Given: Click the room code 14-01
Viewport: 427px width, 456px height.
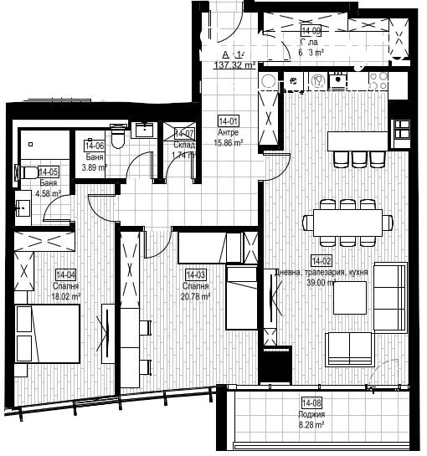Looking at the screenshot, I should pyautogui.click(x=228, y=120).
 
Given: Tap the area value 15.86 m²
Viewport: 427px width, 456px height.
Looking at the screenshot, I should pyautogui.click(x=229, y=143).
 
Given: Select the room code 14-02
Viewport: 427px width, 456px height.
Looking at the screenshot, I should pyautogui.click(x=322, y=260).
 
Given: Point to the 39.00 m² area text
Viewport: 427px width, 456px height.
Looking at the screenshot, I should pyautogui.click(x=321, y=283).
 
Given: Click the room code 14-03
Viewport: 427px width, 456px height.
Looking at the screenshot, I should pyautogui.click(x=195, y=274).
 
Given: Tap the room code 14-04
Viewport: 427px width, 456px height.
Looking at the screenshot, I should pyautogui.click(x=66, y=274).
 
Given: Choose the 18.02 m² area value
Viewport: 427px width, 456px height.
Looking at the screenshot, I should pyautogui.click(x=66, y=295).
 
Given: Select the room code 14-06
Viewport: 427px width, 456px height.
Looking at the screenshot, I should pyautogui.click(x=94, y=145).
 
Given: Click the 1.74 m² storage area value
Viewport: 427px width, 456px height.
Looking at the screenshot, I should pyautogui.click(x=184, y=155).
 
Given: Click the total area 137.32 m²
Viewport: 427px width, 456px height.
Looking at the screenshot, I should pyautogui.click(x=235, y=64).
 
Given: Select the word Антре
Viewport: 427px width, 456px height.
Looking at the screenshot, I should pyautogui.click(x=229, y=132).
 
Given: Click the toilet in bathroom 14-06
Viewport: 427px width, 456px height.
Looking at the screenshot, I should pyautogui.click(x=119, y=135).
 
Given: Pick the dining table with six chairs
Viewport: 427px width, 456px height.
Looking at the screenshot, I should pyautogui.click(x=347, y=222).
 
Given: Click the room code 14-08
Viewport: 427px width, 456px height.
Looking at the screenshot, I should pyautogui.click(x=311, y=403).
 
